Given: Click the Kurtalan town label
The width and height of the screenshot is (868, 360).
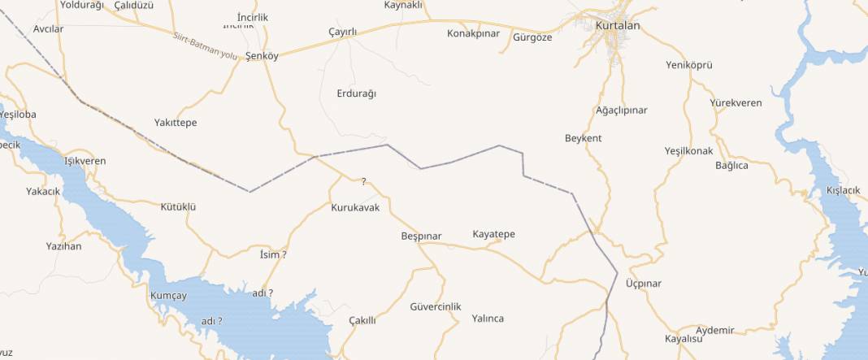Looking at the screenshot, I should point(618,26).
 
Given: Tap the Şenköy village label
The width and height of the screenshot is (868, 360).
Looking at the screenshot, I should point(262,57).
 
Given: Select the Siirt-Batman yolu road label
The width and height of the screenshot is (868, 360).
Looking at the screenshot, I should point(205,46).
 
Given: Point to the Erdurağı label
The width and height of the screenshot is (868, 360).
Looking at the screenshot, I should point(356,93).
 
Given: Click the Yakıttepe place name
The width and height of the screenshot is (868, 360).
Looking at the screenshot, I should point(176,123).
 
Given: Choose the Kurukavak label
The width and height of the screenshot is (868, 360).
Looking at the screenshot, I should point(355,208).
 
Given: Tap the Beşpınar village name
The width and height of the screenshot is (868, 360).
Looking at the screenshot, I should point(421,236).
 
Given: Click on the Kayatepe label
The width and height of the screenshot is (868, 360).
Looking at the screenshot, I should point(493,235).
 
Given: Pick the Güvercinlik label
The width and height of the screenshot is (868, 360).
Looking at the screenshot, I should point(436,306).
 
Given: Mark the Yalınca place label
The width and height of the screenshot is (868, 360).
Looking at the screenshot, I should point(488,319).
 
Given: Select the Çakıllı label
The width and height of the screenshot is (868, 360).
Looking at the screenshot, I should point(362,320).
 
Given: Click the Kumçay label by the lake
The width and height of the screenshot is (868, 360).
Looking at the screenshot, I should point(168,296).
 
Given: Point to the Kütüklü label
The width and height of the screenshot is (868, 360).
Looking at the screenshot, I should point(179,207).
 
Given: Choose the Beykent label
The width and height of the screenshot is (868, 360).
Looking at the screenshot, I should point(583,138).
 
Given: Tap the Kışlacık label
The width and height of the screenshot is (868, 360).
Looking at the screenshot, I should point(843,190).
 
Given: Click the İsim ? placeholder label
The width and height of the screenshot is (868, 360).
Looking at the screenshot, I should point(272,255).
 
